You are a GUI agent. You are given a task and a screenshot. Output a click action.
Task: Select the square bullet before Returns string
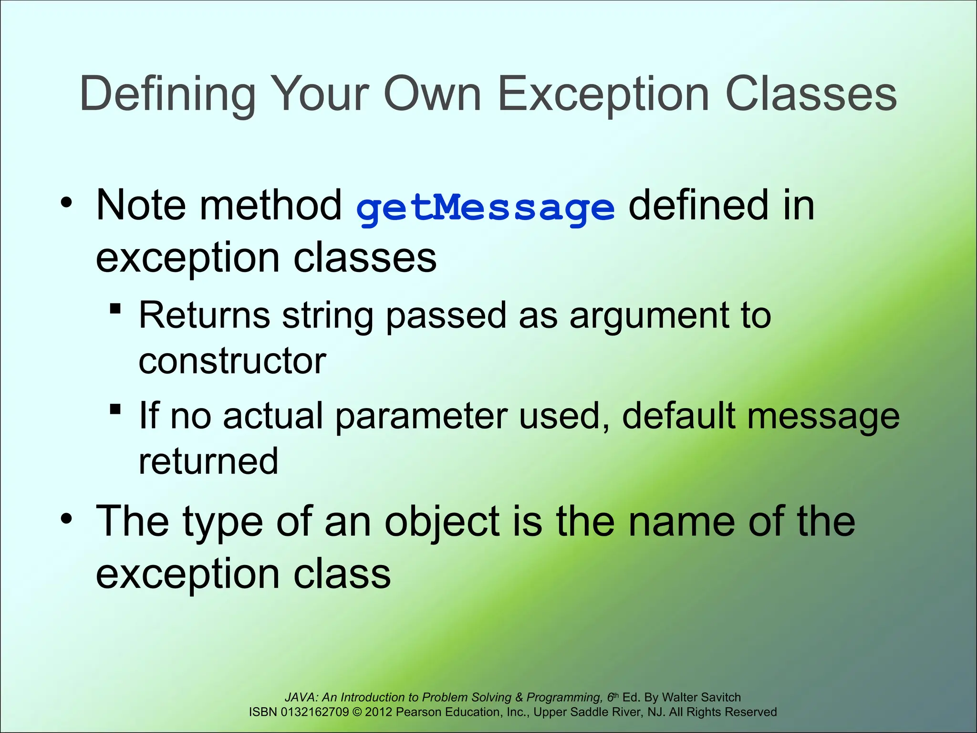(115, 309)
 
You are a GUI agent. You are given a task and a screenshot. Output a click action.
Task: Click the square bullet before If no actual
(115, 409)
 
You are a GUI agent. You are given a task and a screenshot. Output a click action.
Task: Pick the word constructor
(232, 361)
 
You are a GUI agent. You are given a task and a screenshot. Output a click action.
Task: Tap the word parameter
(421, 416)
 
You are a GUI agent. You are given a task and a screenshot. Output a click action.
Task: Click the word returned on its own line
(208, 461)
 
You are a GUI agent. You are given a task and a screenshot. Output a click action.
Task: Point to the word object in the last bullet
(442, 522)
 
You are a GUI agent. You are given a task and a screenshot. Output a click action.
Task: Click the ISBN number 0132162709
(315, 712)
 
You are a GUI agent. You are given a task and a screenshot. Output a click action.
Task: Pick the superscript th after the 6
(616, 695)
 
